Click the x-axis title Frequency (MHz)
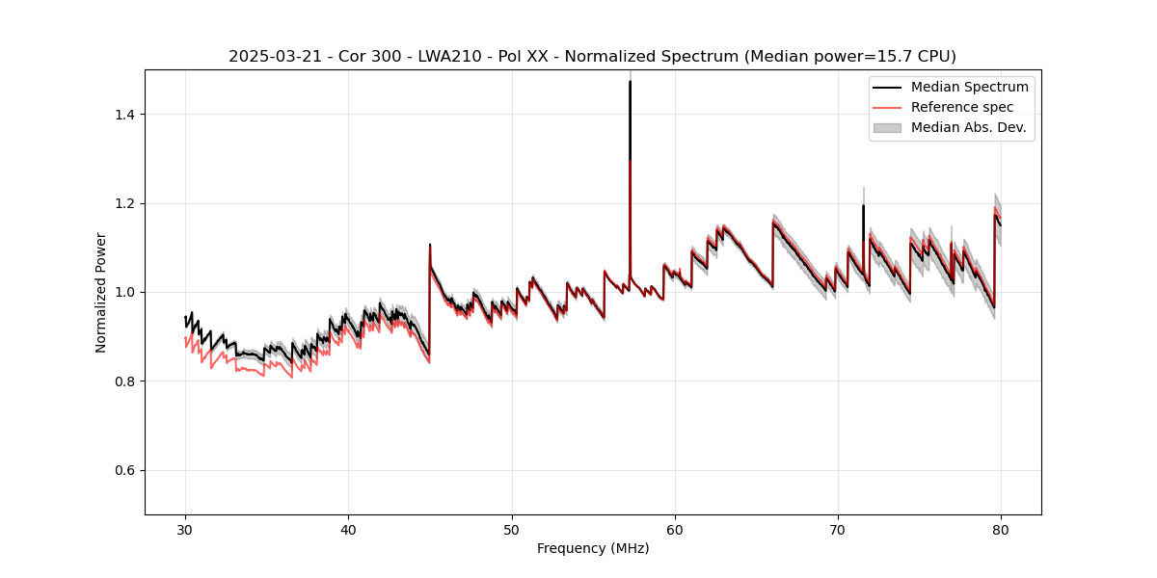click(593, 548)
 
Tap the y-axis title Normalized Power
click(101, 292)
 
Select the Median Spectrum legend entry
click(969, 87)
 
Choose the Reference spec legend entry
click(962, 107)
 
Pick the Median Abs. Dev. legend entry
click(968, 127)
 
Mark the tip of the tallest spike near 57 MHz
click(630, 81)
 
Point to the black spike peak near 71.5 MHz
click(863, 205)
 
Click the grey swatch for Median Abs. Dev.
click(887, 127)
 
